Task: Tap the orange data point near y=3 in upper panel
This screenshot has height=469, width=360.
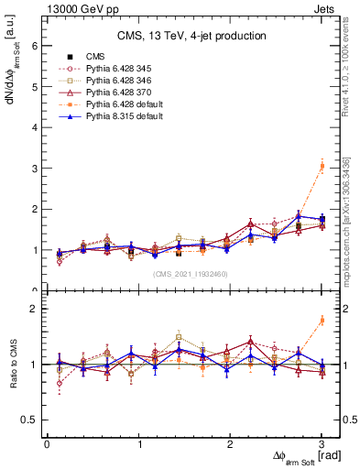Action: click(322, 166)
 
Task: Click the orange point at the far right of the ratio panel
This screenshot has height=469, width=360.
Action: click(322, 320)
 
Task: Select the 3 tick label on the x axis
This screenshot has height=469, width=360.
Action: click(322, 444)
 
